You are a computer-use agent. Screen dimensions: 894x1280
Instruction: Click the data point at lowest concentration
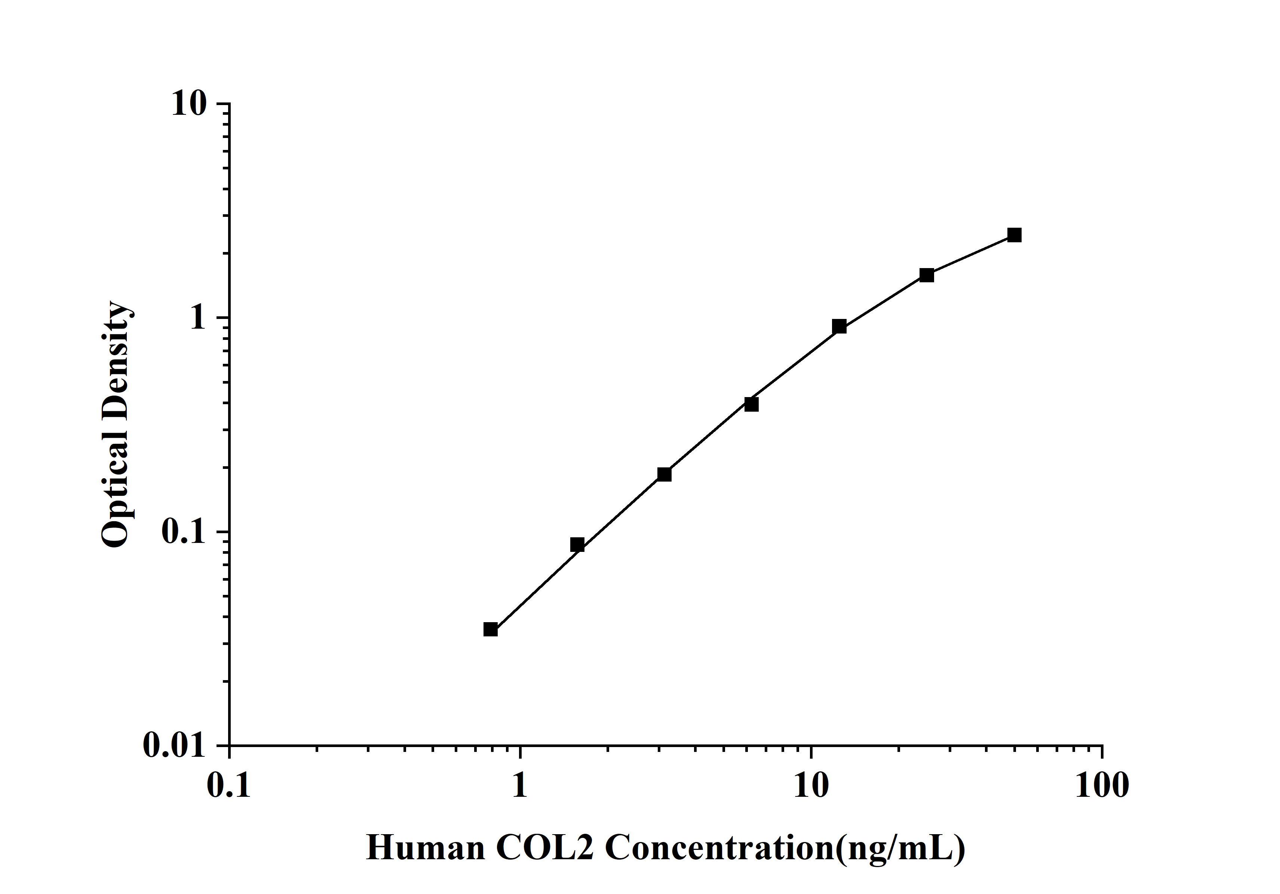point(490,629)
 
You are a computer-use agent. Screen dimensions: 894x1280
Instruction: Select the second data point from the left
point(577,544)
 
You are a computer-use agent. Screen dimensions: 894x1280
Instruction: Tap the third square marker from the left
point(664,474)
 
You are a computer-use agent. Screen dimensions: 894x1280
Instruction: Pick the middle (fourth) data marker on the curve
point(752,404)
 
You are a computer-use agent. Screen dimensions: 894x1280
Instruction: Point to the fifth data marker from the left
point(839,327)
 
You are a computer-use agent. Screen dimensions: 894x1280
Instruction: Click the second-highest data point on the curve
point(927,275)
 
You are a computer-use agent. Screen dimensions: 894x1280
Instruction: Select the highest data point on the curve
point(1014,235)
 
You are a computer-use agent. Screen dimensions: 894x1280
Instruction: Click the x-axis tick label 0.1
point(228,786)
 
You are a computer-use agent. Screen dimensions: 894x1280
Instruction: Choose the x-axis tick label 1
point(519,786)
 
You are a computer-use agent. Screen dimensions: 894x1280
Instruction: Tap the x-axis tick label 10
point(811,786)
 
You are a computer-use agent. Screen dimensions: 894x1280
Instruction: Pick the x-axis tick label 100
point(1102,786)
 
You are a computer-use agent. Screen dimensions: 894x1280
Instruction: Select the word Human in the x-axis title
point(426,848)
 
